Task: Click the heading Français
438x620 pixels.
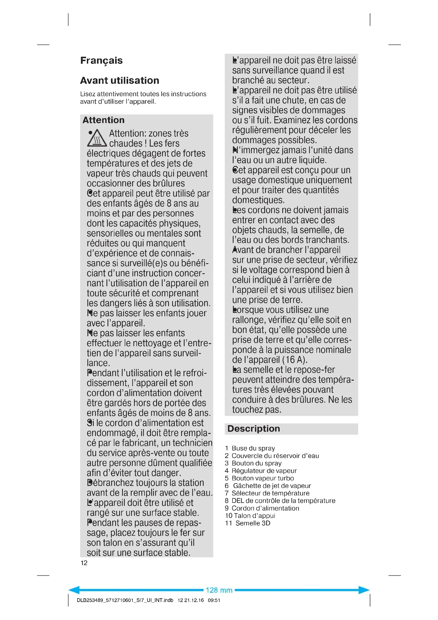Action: (x=101, y=60)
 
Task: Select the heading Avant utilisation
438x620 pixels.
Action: (x=119, y=81)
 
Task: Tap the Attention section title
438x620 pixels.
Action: (x=104, y=120)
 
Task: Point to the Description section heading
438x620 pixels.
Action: (x=253, y=429)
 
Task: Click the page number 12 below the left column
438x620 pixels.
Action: (x=84, y=563)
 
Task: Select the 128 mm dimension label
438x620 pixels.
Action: (x=219, y=590)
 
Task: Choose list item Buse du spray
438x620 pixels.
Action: (x=253, y=448)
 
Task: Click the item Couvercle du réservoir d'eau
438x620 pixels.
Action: (x=275, y=456)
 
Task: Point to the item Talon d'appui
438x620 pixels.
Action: (x=254, y=516)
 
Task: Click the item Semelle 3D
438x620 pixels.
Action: (x=253, y=523)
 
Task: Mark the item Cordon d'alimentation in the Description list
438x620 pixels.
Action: (x=265, y=508)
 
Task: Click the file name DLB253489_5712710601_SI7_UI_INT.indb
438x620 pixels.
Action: (x=125, y=600)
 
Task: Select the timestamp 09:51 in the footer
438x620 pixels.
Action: (x=214, y=600)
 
